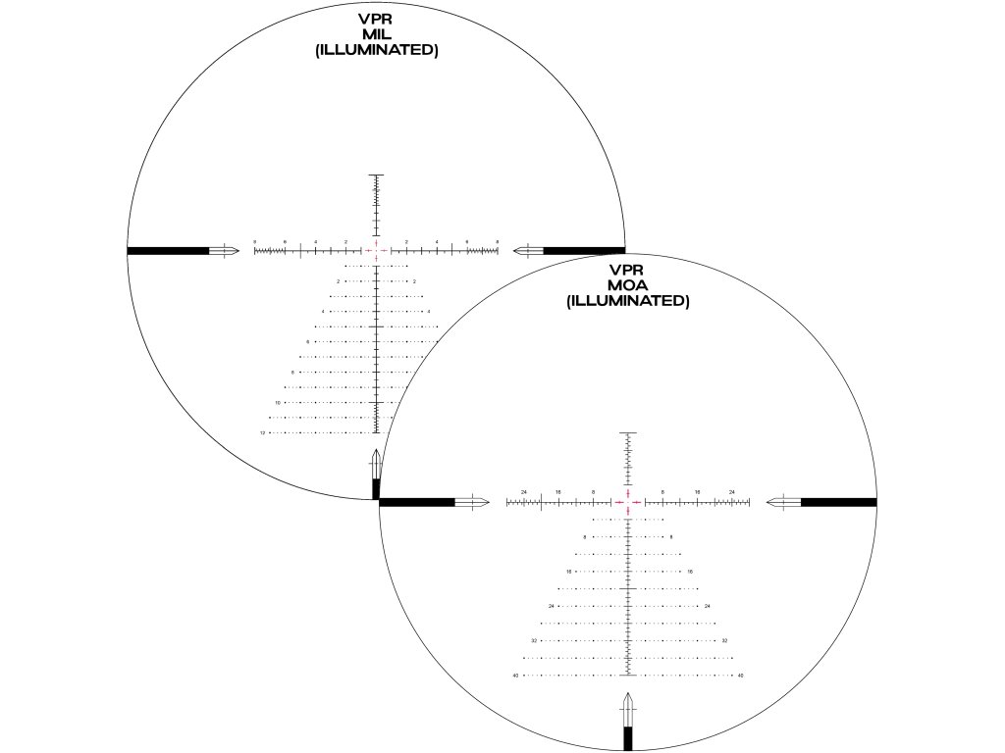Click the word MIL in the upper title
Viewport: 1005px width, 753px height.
[376, 34]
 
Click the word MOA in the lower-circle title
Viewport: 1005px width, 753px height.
[627, 285]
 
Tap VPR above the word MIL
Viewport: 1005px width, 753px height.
[376, 19]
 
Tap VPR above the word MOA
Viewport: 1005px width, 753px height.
[627, 270]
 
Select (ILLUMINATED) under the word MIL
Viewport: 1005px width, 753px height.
[376, 50]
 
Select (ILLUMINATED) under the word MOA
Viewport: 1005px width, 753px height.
[627, 301]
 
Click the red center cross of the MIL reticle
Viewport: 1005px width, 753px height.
[376, 250]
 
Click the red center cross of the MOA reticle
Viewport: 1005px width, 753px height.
[627, 501]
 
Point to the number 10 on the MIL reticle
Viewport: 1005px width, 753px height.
[278, 402]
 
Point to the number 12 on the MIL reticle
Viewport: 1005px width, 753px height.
[263, 432]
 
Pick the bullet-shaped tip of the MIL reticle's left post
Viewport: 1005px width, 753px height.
[225, 250]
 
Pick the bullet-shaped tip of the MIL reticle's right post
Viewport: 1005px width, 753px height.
[528, 250]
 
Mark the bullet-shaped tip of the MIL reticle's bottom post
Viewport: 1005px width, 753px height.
[376, 462]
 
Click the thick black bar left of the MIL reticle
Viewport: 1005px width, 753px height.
[168, 250]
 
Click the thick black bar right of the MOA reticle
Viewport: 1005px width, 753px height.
[838, 502]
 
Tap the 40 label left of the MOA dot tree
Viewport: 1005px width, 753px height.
[515, 675]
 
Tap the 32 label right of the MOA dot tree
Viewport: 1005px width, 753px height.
[724, 640]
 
